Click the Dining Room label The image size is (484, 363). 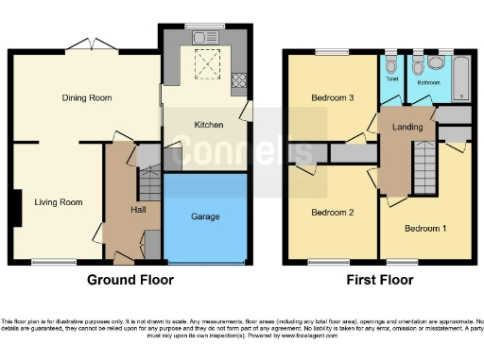click(80, 97)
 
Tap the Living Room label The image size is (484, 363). click(59, 201)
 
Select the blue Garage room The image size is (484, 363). click(205, 217)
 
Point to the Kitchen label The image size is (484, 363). click(208, 125)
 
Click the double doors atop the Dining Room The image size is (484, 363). click(93, 43)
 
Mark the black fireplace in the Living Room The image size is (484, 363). click(16, 207)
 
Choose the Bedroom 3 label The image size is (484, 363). click(333, 97)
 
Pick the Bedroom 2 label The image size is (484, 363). click(333, 213)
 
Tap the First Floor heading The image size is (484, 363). click(377, 280)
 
